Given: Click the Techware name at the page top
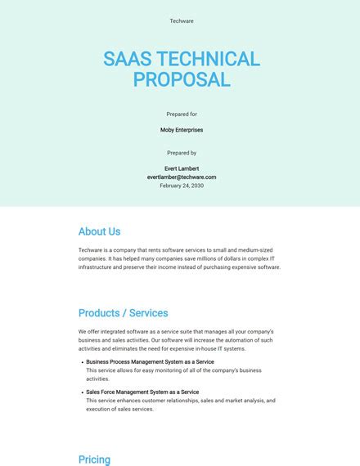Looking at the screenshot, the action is [x=181, y=21].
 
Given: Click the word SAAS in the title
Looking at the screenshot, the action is [x=129, y=59].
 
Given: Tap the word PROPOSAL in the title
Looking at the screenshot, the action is [x=181, y=79].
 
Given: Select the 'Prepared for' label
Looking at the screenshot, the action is [x=181, y=114].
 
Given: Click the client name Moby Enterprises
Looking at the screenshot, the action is [x=181, y=130].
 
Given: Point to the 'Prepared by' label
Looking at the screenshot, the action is [x=181, y=153].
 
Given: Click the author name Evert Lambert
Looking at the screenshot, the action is [x=181, y=168].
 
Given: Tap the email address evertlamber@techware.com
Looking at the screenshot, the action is [x=181, y=177].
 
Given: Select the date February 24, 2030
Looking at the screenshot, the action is [x=181, y=186].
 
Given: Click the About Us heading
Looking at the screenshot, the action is [x=99, y=231].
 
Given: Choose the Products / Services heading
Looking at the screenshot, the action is [x=123, y=313].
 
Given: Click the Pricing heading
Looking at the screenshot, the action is [x=94, y=459].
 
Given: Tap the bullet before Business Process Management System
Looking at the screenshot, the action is [x=82, y=362].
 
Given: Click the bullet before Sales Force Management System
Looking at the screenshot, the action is [x=82, y=392].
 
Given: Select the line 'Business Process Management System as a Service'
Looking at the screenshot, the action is [x=150, y=361].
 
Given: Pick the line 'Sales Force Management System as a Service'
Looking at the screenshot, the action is [x=142, y=392].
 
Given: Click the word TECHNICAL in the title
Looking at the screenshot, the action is [x=208, y=59].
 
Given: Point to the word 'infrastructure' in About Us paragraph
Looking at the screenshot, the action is [x=97, y=267].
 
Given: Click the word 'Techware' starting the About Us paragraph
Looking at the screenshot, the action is [x=90, y=249].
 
